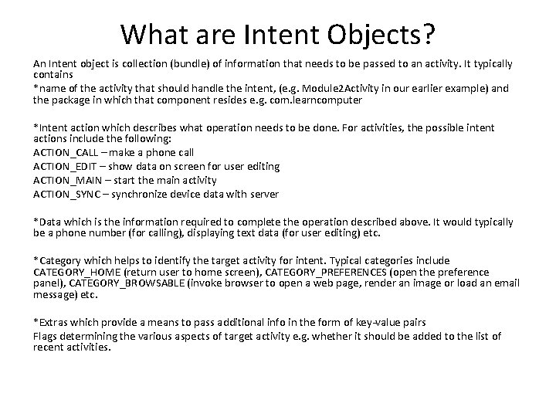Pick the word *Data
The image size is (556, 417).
click(48, 222)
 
